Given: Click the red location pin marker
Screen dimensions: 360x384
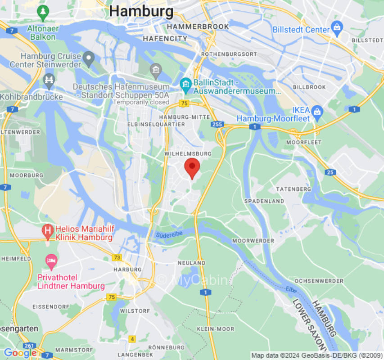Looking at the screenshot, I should tap(192, 167).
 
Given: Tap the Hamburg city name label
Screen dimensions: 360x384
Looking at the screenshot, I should tap(141, 11).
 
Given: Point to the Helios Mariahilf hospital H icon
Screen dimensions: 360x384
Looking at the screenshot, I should tap(48, 232).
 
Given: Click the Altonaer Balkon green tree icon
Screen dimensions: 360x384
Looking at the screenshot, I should tap(43, 13).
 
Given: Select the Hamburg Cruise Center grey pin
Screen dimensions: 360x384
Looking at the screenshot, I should tap(89, 58).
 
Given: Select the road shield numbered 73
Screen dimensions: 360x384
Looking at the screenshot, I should tap(117, 257).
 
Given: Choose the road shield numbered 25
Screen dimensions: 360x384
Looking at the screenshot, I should tap(330, 172).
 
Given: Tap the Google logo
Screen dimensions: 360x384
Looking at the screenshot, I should tap(20, 353).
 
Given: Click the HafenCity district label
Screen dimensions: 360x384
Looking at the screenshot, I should tap(165, 39).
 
